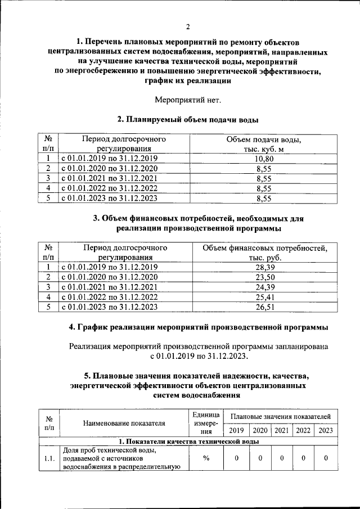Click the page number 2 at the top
[x=188, y=27]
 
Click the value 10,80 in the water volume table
[x=264, y=159]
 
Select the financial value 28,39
[x=264, y=267]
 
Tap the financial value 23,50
[x=264, y=277]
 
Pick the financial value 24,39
[x=264, y=287]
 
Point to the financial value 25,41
[x=264, y=298]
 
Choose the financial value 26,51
[x=264, y=308]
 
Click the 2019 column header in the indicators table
[x=237, y=431]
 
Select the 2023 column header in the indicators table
[x=326, y=431]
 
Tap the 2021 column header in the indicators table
[x=281, y=431]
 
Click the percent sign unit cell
[x=206, y=458]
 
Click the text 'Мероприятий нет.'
[x=188, y=101]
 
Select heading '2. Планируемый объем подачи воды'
[x=188, y=120]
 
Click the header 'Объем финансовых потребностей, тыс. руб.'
[x=264, y=253]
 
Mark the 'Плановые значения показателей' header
[x=281, y=416]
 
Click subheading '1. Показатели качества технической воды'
[x=188, y=442]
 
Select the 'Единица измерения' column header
[x=206, y=424]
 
